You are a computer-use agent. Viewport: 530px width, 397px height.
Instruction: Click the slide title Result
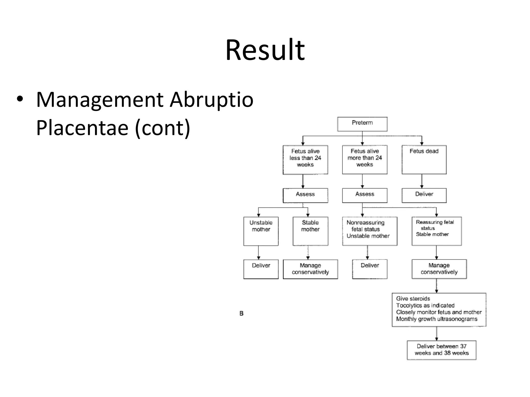pos(265,50)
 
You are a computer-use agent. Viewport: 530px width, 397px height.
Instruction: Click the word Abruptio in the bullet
pos(211,100)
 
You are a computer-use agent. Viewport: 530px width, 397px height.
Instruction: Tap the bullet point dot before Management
pos(20,100)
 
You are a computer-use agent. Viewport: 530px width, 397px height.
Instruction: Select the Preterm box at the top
pos(362,124)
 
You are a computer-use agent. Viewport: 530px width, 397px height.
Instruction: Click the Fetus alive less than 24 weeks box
pos(305,159)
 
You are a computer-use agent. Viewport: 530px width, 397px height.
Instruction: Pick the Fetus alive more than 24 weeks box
pos(365,159)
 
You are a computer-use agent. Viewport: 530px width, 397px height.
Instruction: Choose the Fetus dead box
pos(424,159)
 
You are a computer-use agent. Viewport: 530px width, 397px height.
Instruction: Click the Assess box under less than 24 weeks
pos(305,195)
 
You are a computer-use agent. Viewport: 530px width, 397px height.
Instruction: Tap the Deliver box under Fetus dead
pos(424,195)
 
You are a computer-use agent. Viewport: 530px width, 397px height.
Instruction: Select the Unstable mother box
pos(261,231)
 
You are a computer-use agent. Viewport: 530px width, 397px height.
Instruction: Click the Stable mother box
pos(310,231)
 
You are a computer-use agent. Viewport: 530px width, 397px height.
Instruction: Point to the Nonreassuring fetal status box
pos(370,231)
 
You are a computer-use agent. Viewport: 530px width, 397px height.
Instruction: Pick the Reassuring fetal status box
pos(437,231)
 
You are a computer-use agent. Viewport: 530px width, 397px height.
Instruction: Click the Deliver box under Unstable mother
pos(261,269)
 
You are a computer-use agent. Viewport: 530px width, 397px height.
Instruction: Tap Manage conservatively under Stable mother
pos(310,269)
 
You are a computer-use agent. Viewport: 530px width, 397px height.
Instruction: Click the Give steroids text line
pos(413,299)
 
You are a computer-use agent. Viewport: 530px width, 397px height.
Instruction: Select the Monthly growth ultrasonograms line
pos(437,319)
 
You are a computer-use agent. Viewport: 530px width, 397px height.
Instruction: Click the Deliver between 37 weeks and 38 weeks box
pos(441,350)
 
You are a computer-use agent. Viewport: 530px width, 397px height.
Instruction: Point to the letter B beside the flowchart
pos(241,314)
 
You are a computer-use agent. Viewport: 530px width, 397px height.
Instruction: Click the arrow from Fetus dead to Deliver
pos(422,181)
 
